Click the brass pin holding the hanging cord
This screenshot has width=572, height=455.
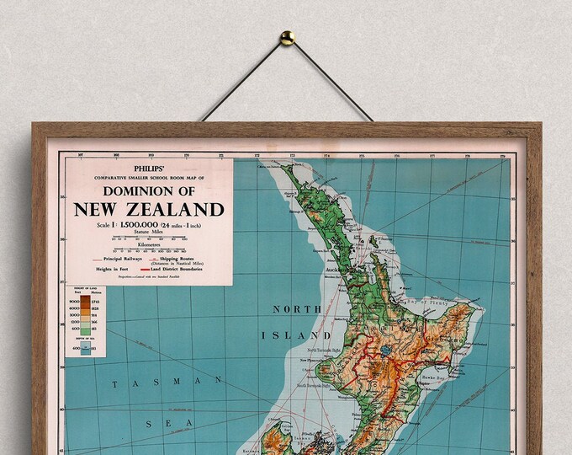point(287,37)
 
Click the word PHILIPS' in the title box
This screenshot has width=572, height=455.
point(147,169)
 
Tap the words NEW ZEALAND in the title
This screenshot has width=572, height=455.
point(149,210)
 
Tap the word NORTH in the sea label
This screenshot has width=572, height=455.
point(297,309)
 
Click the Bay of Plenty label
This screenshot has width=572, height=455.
point(420,301)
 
